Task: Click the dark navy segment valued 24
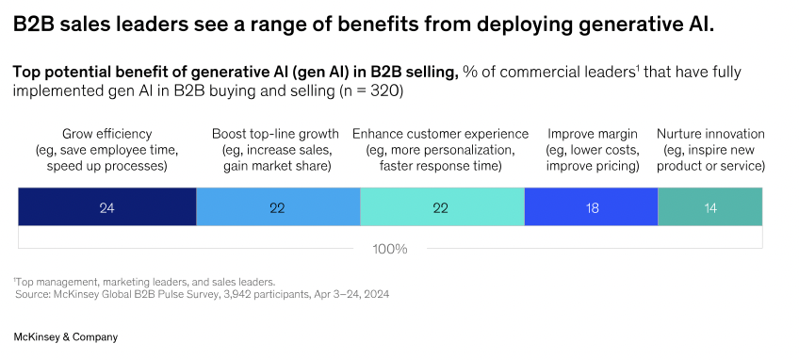click(107, 206)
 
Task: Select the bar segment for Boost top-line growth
click(278, 206)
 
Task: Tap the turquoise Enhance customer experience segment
click(442, 206)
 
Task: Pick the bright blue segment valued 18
click(591, 206)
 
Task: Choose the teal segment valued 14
click(710, 206)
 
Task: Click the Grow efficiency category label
click(107, 150)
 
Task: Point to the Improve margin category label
click(592, 150)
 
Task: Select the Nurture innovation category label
click(710, 150)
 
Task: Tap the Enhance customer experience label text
click(440, 150)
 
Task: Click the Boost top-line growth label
click(276, 150)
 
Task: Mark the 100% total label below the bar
click(390, 250)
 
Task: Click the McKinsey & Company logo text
click(65, 337)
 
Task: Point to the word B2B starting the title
click(34, 25)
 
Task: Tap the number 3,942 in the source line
click(228, 294)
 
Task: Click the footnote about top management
click(144, 282)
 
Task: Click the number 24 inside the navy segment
click(107, 208)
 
